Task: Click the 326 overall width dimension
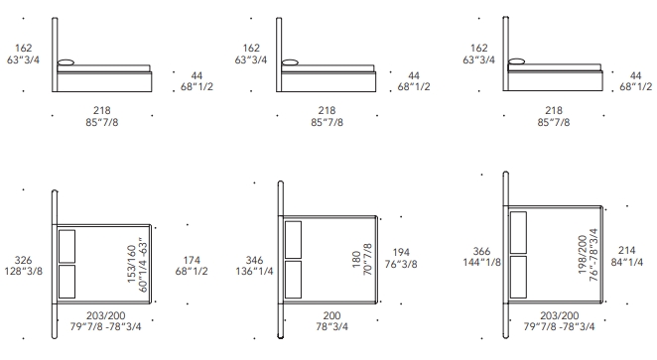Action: [x=23, y=260]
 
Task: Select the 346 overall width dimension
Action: [x=254, y=260]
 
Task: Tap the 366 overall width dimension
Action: [x=481, y=251]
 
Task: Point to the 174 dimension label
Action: [x=192, y=260]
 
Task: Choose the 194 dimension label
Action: [x=401, y=253]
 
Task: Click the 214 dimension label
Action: [x=627, y=250]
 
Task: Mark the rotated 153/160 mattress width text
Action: [x=131, y=264]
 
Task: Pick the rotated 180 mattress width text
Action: [x=356, y=259]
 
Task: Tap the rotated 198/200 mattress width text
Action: [x=583, y=255]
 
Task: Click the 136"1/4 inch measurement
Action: [x=254, y=272]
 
